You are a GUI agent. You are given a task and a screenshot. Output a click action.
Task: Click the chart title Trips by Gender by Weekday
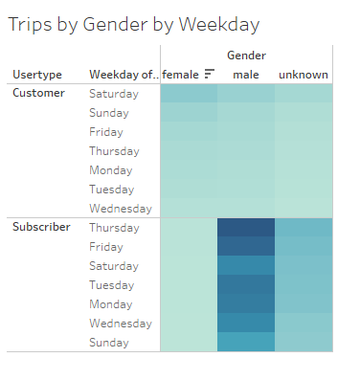tap(133, 24)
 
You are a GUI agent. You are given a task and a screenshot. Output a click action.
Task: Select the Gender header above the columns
tap(246, 56)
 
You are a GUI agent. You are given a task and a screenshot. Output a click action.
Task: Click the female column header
tap(180, 75)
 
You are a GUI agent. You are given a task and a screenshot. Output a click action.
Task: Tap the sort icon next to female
tap(210, 75)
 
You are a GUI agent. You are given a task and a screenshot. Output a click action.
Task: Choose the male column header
tap(246, 75)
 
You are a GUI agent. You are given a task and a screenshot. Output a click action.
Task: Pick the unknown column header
tap(303, 75)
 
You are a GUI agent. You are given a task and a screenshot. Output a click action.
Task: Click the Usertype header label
tap(37, 75)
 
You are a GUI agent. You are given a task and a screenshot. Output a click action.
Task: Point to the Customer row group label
tap(39, 94)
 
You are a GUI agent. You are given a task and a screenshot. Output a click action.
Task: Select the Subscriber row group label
tap(42, 227)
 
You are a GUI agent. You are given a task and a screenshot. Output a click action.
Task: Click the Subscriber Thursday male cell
tap(246, 227)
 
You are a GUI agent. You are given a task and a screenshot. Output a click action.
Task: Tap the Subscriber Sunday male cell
tap(246, 342)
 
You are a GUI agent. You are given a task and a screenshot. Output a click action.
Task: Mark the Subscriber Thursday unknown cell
tap(303, 227)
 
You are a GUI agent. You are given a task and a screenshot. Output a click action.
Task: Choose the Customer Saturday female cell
tap(189, 94)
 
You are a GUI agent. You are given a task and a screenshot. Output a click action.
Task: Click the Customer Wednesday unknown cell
tap(303, 208)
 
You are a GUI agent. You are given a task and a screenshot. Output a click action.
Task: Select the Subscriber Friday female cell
tap(189, 246)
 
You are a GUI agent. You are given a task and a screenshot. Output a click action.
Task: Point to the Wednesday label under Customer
tap(120, 208)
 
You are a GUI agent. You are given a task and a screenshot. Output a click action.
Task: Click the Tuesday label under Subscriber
tap(113, 284)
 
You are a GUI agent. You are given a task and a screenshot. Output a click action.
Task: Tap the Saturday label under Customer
tap(113, 94)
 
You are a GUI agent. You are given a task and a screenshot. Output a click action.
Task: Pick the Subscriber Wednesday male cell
tap(246, 323)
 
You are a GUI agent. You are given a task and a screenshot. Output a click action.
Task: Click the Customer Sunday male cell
tap(246, 113)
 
